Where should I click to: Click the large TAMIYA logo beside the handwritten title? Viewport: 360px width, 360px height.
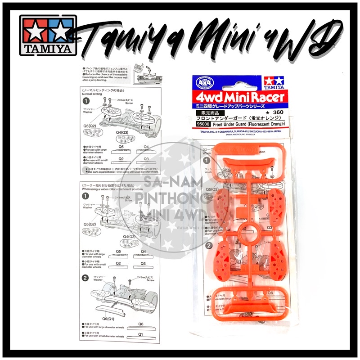point(48,35)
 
